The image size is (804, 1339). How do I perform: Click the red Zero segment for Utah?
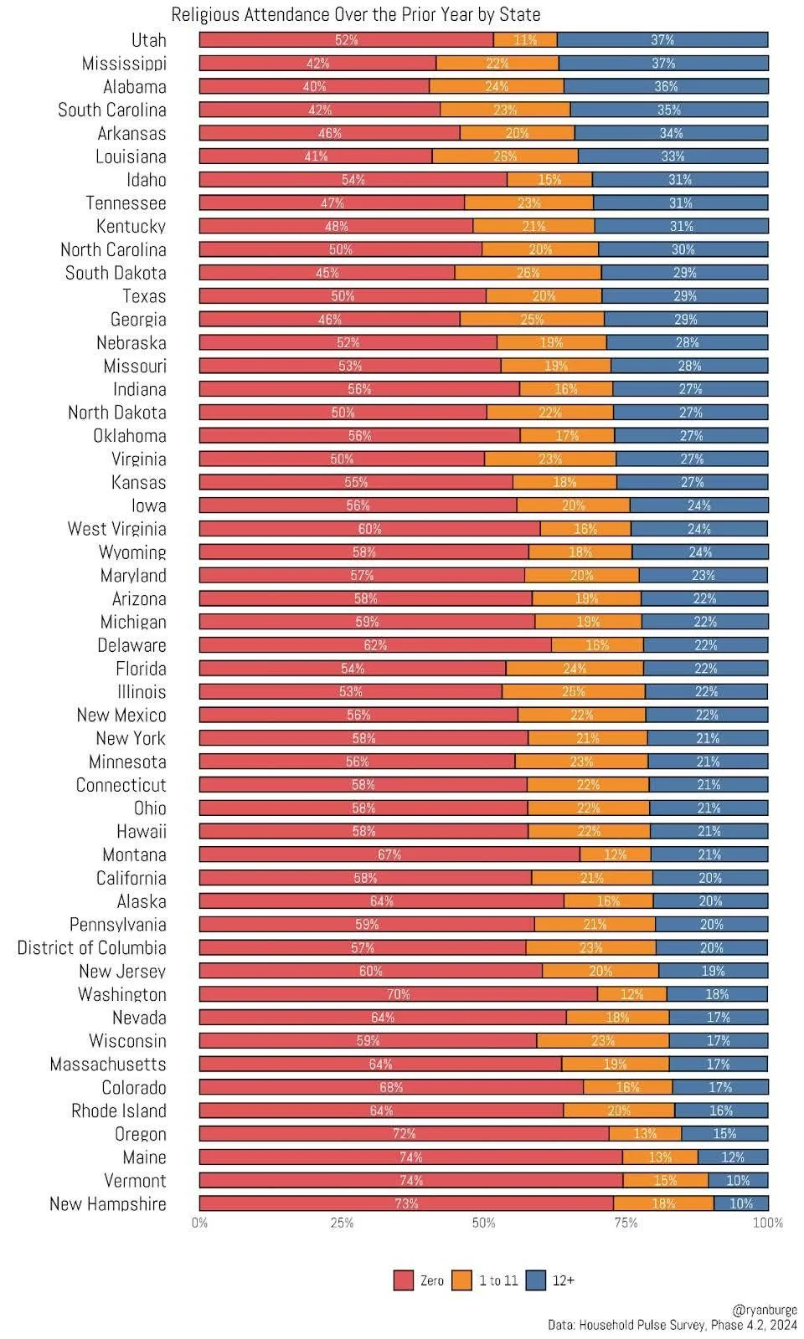pyautogui.click(x=346, y=40)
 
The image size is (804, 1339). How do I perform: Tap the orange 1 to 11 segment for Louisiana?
pyautogui.click(x=505, y=156)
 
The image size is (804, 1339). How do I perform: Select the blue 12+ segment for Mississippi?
pyautogui.click(x=662, y=64)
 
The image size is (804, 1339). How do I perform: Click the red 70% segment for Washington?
pyautogui.click(x=398, y=994)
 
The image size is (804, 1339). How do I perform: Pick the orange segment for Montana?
pyautogui.click(x=615, y=854)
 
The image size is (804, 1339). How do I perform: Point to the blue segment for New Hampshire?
pyautogui.click(x=740, y=1203)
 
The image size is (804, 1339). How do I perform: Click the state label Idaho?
pyautogui.click(x=146, y=180)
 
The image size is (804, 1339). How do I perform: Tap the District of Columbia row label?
pyautogui.click(x=91, y=947)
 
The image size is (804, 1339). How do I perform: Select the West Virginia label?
pyautogui.click(x=116, y=529)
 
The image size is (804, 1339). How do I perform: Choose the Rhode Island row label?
pyautogui.click(x=118, y=1111)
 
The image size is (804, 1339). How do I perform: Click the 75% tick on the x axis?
pyautogui.click(x=626, y=1223)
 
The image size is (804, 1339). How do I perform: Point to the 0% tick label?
pyautogui.click(x=199, y=1223)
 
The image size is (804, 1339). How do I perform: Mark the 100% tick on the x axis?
pyautogui.click(x=767, y=1223)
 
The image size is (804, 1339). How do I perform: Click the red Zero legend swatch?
pyautogui.click(x=404, y=1280)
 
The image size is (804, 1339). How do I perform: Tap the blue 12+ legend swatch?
pyautogui.click(x=536, y=1280)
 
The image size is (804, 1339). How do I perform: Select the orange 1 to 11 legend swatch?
pyautogui.click(x=461, y=1280)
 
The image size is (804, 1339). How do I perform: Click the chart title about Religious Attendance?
pyautogui.click(x=355, y=14)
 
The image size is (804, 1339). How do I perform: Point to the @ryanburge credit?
pyautogui.click(x=765, y=1310)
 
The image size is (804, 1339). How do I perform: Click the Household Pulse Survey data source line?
pyautogui.click(x=672, y=1325)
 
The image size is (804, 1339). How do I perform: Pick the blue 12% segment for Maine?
pyautogui.click(x=733, y=1157)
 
